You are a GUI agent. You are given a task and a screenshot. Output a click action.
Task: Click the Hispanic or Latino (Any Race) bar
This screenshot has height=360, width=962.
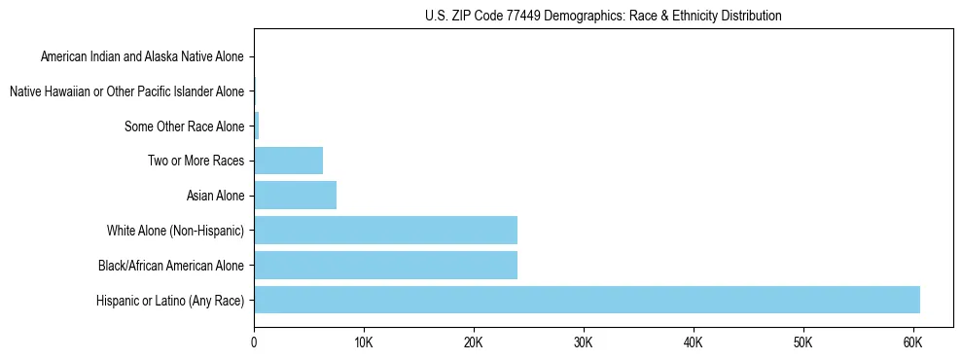[x=587, y=300]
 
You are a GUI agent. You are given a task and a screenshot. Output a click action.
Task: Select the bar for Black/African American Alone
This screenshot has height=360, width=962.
[x=385, y=265]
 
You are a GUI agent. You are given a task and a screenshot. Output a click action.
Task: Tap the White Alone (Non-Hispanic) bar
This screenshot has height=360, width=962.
[x=385, y=231]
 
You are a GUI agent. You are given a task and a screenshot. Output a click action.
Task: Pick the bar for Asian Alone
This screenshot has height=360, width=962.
[x=295, y=196]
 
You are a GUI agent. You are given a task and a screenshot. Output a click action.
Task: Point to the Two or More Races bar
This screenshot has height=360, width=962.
[x=288, y=161]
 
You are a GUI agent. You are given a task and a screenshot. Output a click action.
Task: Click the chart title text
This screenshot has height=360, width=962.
[x=603, y=16]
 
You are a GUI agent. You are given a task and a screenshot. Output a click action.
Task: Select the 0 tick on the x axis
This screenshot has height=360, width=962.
[x=254, y=342]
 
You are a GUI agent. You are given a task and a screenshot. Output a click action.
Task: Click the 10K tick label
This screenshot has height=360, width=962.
[x=364, y=342]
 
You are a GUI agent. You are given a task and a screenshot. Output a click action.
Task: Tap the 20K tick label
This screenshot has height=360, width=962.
[x=474, y=342]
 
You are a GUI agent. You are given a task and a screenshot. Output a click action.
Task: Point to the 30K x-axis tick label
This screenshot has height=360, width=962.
[x=584, y=342]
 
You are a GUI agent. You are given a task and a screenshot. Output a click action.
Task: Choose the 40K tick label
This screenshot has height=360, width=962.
[x=694, y=342]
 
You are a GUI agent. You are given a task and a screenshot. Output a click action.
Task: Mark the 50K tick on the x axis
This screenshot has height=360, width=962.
[x=802, y=342]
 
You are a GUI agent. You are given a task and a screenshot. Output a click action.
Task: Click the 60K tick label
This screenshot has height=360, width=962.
[x=912, y=342]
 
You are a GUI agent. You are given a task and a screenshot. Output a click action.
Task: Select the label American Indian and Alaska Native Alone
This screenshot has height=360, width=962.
[x=142, y=57]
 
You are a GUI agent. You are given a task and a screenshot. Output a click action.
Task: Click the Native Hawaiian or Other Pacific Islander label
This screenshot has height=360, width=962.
[x=126, y=91]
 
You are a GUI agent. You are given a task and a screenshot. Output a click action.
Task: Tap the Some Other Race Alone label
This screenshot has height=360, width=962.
[x=185, y=126]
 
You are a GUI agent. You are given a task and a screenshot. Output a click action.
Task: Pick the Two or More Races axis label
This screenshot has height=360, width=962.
[x=196, y=161]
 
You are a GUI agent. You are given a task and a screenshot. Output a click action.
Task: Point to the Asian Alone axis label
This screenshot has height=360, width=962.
[x=216, y=196]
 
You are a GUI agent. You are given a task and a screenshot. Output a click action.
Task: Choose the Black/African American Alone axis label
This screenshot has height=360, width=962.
[x=171, y=265]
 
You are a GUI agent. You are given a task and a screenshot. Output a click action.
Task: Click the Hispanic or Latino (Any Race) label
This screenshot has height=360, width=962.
[x=170, y=300]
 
